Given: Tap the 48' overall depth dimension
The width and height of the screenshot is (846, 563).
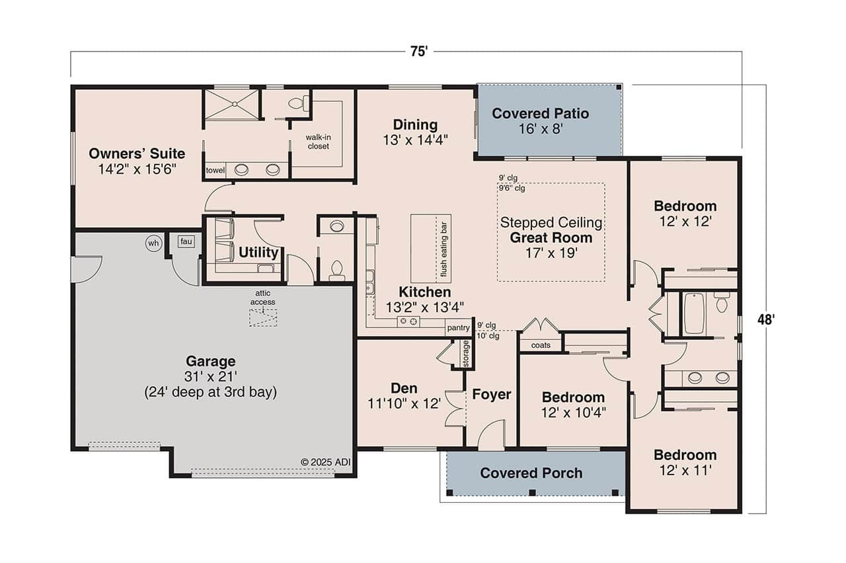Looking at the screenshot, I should pyautogui.click(x=765, y=319).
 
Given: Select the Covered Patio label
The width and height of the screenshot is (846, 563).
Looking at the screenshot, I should pyautogui.click(x=540, y=114).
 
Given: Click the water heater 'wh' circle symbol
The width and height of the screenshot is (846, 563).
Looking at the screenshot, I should pyautogui.click(x=153, y=244).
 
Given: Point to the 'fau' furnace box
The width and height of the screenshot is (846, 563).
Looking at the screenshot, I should pyautogui.click(x=186, y=242).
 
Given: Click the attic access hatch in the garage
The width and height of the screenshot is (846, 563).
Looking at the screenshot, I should pyautogui.click(x=263, y=317).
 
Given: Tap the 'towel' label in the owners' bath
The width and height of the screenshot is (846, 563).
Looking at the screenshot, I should pyautogui.click(x=215, y=170).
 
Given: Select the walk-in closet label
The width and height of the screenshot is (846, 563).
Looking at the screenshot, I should pyautogui.click(x=317, y=141).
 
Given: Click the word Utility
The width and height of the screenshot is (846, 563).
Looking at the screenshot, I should pyautogui.click(x=258, y=252).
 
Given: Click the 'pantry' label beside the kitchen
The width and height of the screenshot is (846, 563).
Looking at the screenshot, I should pyautogui.click(x=457, y=327).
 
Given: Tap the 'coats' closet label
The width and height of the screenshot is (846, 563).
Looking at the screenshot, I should pyautogui.click(x=540, y=345).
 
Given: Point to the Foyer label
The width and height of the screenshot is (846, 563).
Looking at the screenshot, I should pyautogui.click(x=491, y=395).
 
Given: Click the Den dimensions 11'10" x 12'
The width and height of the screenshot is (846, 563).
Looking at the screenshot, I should pyautogui.click(x=404, y=403).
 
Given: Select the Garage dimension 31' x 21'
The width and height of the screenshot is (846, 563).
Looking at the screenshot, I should pyautogui.click(x=210, y=376).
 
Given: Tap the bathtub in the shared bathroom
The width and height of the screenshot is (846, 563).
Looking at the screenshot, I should pyautogui.click(x=695, y=314).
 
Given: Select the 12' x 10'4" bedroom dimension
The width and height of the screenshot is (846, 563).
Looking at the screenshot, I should pyautogui.click(x=572, y=413).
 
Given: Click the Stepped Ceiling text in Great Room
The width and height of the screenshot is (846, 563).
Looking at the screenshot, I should pyautogui.click(x=551, y=222).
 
